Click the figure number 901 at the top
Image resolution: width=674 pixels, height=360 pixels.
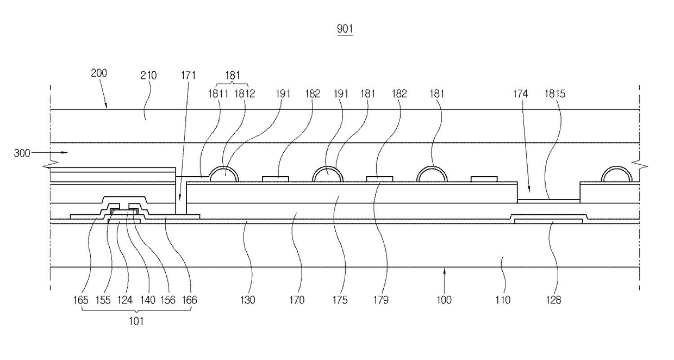[x=345, y=29]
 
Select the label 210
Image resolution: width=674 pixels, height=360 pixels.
[x=148, y=76]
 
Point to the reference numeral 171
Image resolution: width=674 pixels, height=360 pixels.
[x=189, y=76]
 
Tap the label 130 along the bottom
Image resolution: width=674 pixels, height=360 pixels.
[x=248, y=300]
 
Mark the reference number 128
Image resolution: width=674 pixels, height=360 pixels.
[x=554, y=300]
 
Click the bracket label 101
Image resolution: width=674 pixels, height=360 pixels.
[x=136, y=321]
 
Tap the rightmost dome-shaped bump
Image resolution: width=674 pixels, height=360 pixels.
[x=617, y=175]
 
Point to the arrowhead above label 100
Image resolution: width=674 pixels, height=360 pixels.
[x=444, y=270]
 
